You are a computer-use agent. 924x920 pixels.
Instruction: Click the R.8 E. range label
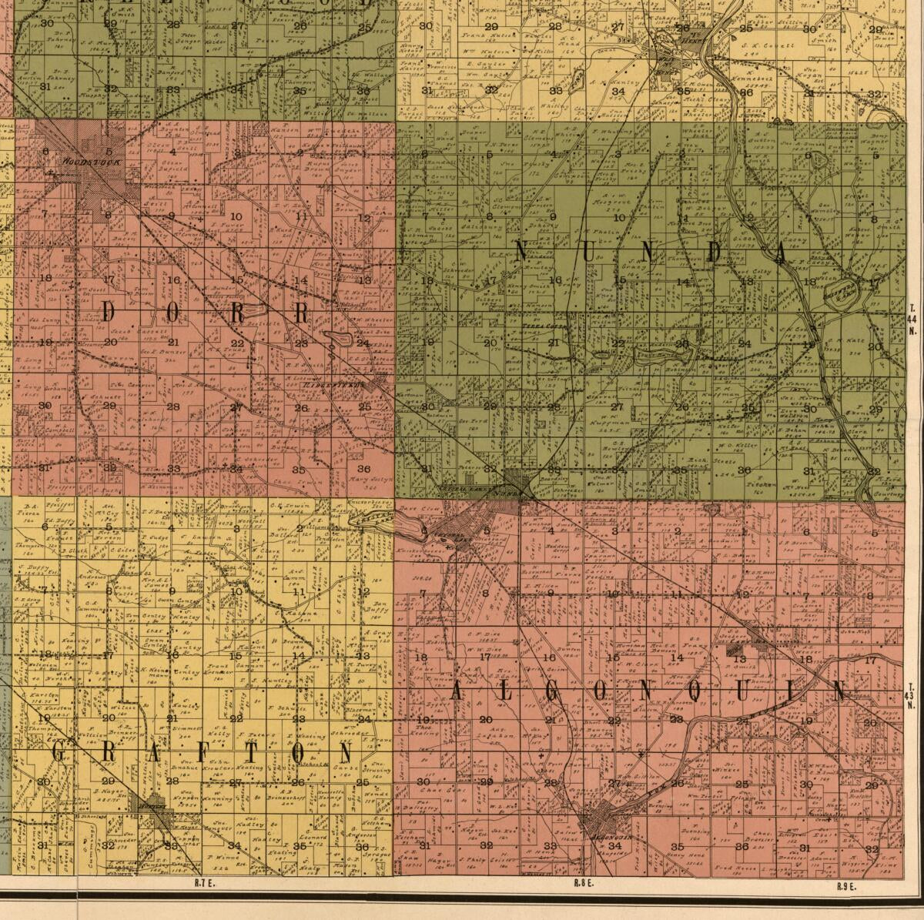coord(583,883)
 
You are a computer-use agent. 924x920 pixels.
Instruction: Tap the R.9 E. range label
coord(848,886)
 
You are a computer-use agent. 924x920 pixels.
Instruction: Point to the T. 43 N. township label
coord(911,696)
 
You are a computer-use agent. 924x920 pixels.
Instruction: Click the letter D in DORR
coord(109,313)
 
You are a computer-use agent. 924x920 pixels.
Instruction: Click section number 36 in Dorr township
coord(363,468)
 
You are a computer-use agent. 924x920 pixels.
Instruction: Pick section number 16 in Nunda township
coord(555,281)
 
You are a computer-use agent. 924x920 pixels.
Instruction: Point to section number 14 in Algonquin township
coord(677,657)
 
